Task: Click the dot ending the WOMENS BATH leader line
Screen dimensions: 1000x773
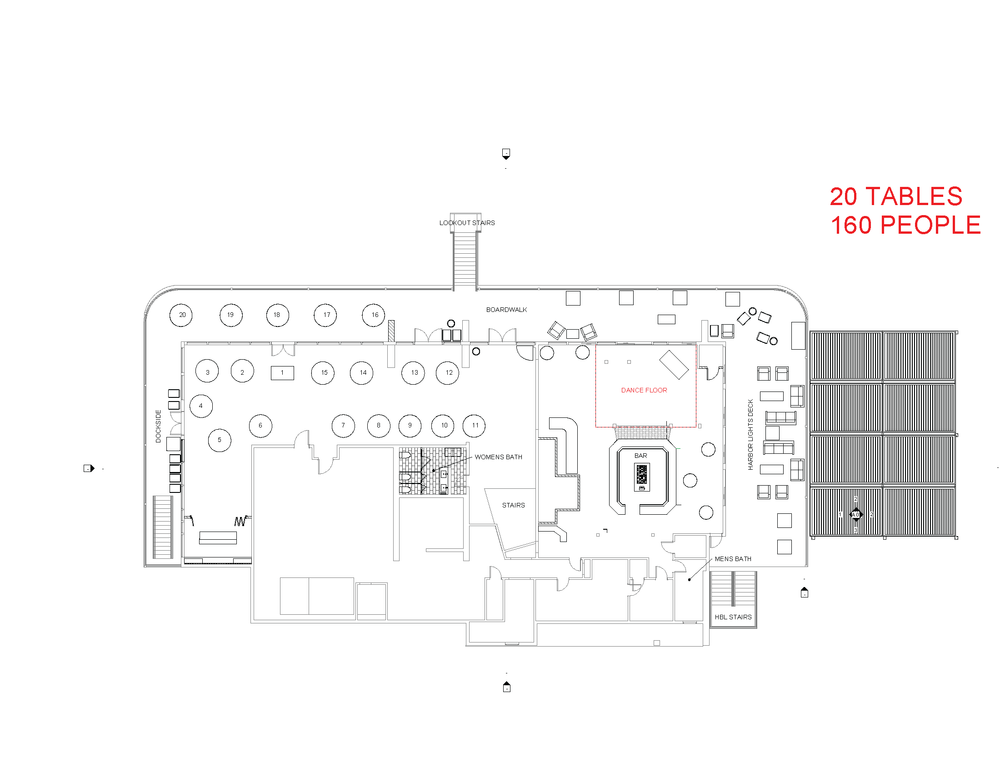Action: (x=433, y=470)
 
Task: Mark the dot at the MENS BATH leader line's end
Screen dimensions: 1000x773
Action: (x=690, y=580)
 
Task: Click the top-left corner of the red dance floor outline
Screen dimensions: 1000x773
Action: (x=596, y=345)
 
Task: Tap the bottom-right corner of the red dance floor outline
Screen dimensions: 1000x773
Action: (x=696, y=427)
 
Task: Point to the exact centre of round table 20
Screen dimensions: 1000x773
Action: (x=181, y=315)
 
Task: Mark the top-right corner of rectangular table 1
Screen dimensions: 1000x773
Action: (x=294, y=366)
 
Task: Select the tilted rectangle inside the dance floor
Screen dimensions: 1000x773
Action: (x=674, y=365)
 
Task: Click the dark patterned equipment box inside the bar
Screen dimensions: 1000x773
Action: (x=642, y=477)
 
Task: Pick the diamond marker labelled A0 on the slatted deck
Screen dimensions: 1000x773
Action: (x=856, y=515)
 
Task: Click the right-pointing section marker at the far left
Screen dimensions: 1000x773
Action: (x=89, y=468)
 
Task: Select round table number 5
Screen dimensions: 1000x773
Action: (x=220, y=441)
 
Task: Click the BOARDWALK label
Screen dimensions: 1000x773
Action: (x=506, y=310)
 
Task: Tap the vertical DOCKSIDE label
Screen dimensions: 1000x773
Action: (x=159, y=426)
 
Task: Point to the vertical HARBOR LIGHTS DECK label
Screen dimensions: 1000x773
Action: (x=750, y=435)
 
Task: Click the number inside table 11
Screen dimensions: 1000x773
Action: (x=475, y=426)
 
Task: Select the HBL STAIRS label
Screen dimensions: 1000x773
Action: (x=733, y=617)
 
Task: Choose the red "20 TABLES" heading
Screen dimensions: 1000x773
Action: (x=896, y=196)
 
